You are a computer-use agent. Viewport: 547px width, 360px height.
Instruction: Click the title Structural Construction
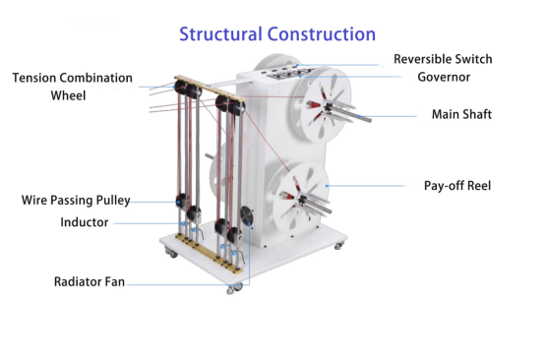pyautogui.click(x=277, y=34)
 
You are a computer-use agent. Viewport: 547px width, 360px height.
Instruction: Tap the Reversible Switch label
pyautogui.click(x=443, y=59)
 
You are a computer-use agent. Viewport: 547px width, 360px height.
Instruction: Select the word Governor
pyautogui.click(x=444, y=77)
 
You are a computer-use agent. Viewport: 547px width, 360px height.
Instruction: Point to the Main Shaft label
pyautogui.click(x=461, y=114)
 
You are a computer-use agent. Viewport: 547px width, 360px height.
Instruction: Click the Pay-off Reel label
pyautogui.click(x=457, y=186)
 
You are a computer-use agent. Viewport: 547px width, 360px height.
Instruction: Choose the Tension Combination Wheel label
pyautogui.click(x=72, y=87)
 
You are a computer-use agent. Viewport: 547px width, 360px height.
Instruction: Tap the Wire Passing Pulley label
pyautogui.click(x=76, y=201)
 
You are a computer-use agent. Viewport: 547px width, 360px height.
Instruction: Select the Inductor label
pyautogui.click(x=84, y=222)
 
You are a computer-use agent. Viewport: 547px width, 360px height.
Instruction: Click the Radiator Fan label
pyautogui.click(x=90, y=281)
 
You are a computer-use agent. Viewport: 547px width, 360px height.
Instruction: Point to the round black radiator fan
pyautogui.click(x=247, y=216)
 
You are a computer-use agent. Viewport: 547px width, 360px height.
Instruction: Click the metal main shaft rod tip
pyautogui.click(x=368, y=120)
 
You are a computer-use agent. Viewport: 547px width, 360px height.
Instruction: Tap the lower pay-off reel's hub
pyautogui.click(x=302, y=201)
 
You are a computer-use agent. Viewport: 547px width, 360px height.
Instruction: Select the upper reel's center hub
pyautogui.click(x=328, y=108)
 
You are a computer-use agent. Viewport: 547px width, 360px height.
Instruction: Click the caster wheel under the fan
pyautogui.click(x=235, y=288)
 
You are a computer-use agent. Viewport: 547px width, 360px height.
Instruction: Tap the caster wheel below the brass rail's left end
pyautogui.click(x=170, y=252)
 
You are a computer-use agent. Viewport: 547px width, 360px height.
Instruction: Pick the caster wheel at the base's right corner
pyautogui.click(x=338, y=246)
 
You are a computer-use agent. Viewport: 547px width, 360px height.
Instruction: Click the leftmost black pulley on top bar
pyautogui.click(x=181, y=88)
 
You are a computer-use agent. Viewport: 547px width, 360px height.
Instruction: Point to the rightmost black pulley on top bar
pyautogui.click(x=236, y=108)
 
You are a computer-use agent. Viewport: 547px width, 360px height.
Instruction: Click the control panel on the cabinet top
pyautogui.click(x=287, y=73)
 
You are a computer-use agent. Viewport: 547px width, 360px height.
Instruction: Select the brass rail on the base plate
pyautogui.click(x=209, y=254)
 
